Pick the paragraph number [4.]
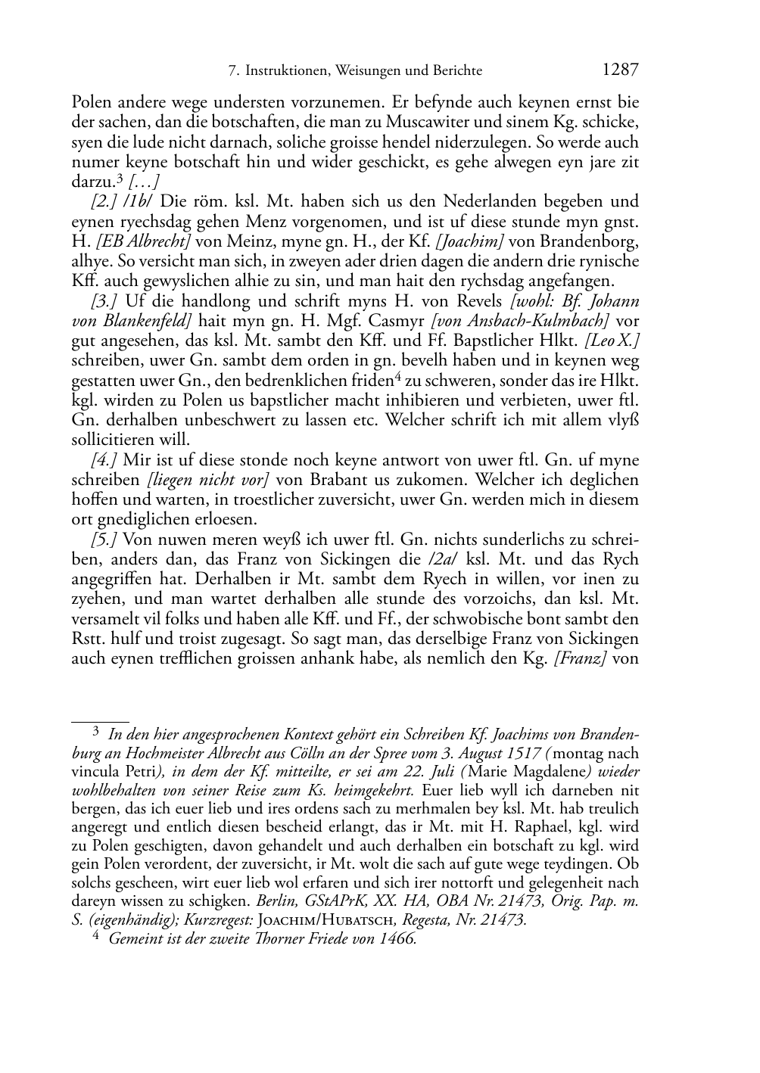103,460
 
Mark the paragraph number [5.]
103,540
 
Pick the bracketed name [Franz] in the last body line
582,658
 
